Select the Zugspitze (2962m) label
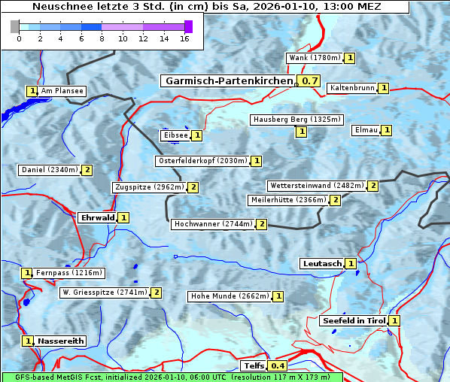pos(147,187)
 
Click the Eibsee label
pos(175,135)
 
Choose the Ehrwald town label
pos(97,217)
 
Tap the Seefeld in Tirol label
pos(353,320)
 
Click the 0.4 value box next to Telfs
pos(278,366)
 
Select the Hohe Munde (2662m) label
pos(230,296)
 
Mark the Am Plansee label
pos(62,91)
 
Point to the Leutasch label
pos(321,263)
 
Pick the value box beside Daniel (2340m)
pos(87,170)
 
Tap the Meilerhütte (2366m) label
pos(288,200)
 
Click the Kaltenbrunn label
pos(351,88)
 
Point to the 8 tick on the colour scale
pos(102,38)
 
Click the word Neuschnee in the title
pos(60,7)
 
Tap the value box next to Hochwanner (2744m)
pos(261,224)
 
